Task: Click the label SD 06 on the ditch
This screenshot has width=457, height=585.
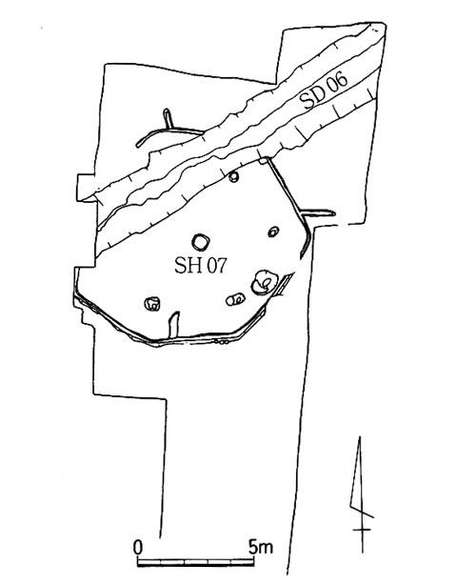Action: click(324, 91)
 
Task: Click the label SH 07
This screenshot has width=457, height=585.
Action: click(201, 266)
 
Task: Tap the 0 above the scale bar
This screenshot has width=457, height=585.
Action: click(138, 548)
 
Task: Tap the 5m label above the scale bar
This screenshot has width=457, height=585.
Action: click(260, 547)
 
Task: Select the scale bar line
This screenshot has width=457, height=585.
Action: click(196, 562)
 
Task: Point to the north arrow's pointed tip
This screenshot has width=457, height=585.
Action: click(360, 437)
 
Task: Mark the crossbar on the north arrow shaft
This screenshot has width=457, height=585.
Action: click(363, 530)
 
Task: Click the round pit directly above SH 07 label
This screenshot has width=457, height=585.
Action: click(201, 243)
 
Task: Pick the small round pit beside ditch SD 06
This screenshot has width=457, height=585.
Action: click(233, 176)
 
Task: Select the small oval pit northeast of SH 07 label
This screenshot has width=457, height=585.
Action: click(273, 232)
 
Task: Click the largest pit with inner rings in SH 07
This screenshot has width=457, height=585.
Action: click(264, 283)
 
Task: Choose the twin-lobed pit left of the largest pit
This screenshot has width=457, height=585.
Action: click(235, 299)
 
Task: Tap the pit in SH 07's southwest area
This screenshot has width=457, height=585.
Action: click(152, 304)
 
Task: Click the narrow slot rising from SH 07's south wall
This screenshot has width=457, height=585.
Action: click(173, 325)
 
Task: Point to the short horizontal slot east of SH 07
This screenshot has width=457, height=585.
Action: click(319, 213)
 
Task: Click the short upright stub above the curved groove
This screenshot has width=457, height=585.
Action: click(169, 118)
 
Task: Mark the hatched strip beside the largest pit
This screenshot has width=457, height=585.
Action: click(286, 284)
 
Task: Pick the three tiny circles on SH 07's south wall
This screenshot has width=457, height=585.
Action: click(221, 341)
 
